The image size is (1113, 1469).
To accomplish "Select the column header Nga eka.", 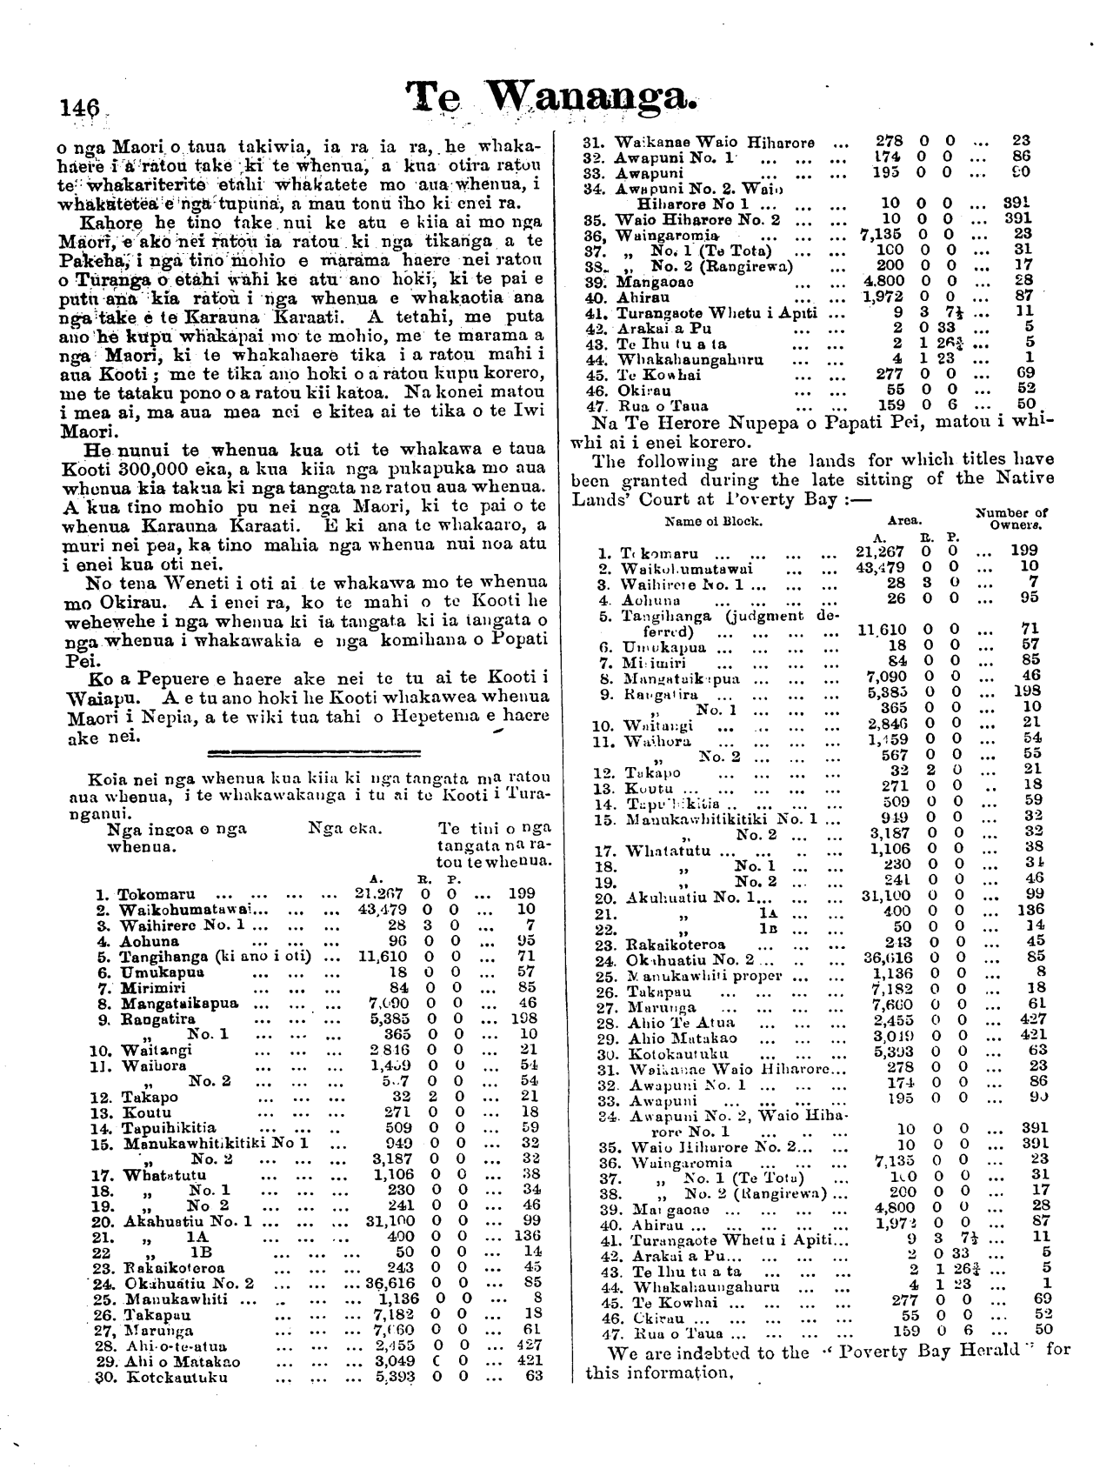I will [x=340, y=830].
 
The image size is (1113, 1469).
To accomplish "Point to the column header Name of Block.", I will [x=713, y=523].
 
